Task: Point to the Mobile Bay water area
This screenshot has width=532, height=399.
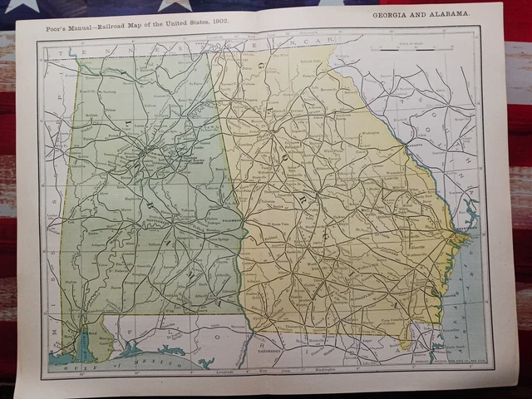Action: coord(86,341)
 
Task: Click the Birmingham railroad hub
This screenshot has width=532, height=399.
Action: coord(144,153)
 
